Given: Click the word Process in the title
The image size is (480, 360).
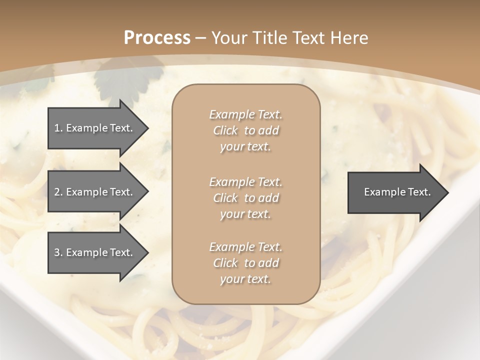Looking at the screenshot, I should [157, 38].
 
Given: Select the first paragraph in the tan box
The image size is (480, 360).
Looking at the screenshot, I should [245, 130].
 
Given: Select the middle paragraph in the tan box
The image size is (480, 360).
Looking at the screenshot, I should [245, 198].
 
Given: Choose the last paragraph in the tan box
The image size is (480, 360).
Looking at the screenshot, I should [245, 263].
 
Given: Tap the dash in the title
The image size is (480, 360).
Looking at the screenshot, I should [200, 38].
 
